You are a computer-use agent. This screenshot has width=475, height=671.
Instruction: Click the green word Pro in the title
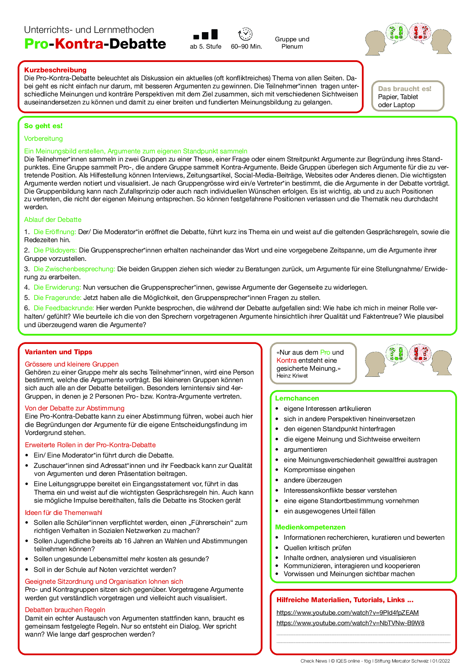coord(36,44)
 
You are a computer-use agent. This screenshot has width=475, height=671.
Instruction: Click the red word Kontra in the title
coord(79,44)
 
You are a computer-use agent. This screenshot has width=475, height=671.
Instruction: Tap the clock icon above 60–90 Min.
coord(245,34)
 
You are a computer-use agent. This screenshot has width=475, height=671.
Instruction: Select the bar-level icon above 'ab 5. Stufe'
coord(205,34)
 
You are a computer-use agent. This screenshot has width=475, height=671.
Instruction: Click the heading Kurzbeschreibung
coord(55,70)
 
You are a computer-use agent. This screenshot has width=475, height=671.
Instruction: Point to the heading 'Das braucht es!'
coord(405,89)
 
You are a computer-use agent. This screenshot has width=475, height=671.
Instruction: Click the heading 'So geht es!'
coord(43,126)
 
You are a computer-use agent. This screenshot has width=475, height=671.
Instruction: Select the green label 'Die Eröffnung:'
coord(55,232)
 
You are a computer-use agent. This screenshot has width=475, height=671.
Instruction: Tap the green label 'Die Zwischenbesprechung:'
coord(74,269)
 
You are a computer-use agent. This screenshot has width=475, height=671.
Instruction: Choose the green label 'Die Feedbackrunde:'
coord(64,308)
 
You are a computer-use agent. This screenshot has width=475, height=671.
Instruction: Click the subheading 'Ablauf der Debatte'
coord(53,220)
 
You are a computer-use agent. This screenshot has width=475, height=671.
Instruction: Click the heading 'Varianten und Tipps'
coord(59,352)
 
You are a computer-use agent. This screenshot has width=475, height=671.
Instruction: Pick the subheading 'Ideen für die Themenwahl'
coord(64,513)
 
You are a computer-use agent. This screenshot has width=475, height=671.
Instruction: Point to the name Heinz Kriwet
coord(292,376)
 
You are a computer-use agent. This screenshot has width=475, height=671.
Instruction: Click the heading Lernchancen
coord(297,398)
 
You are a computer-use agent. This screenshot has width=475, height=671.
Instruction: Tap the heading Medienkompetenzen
coord(310,527)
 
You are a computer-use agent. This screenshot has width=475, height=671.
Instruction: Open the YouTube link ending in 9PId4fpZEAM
coord(347,612)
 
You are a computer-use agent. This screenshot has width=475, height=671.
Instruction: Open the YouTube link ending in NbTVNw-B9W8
coord(350,623)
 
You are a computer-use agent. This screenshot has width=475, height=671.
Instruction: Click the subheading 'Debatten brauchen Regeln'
coord(65,610)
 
